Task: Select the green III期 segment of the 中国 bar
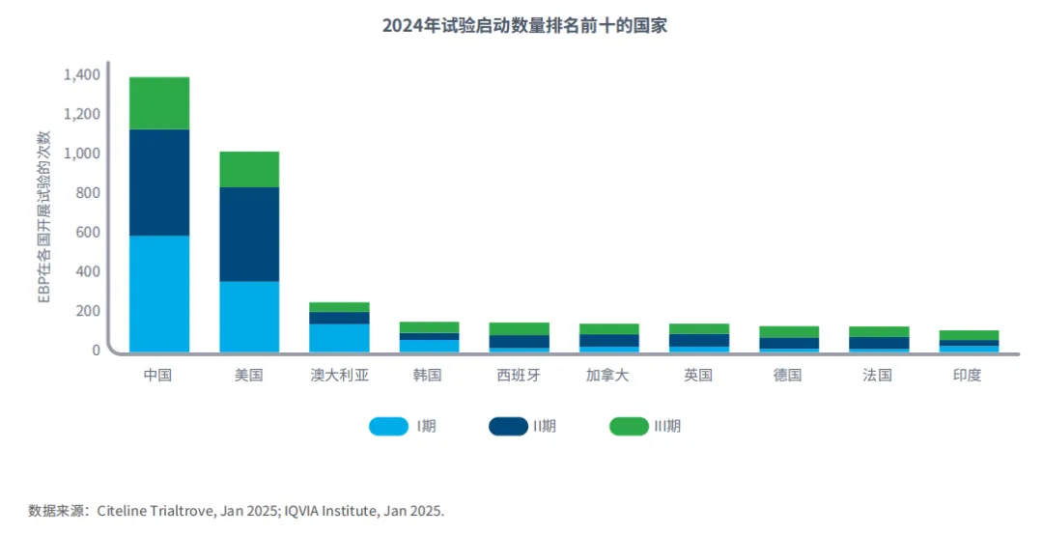pos(159,102)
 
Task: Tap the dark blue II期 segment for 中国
pos(159,182)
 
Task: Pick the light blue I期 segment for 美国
pos(249,316)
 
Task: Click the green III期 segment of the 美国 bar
pos(249,169)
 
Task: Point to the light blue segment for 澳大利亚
pos(339,337)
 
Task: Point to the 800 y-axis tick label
pos(88,193)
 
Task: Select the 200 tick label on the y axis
pos(88,311)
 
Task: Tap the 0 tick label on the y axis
pos(97,351)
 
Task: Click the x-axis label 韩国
pos(429,376)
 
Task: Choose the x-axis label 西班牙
pos(519,376)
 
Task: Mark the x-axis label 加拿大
pos(608,376)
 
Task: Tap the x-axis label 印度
pos(968,376)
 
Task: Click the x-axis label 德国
pos(788,376)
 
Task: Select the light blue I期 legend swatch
pos(388,426)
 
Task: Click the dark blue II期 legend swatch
pos(508,426)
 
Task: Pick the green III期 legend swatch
pos(629,426)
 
